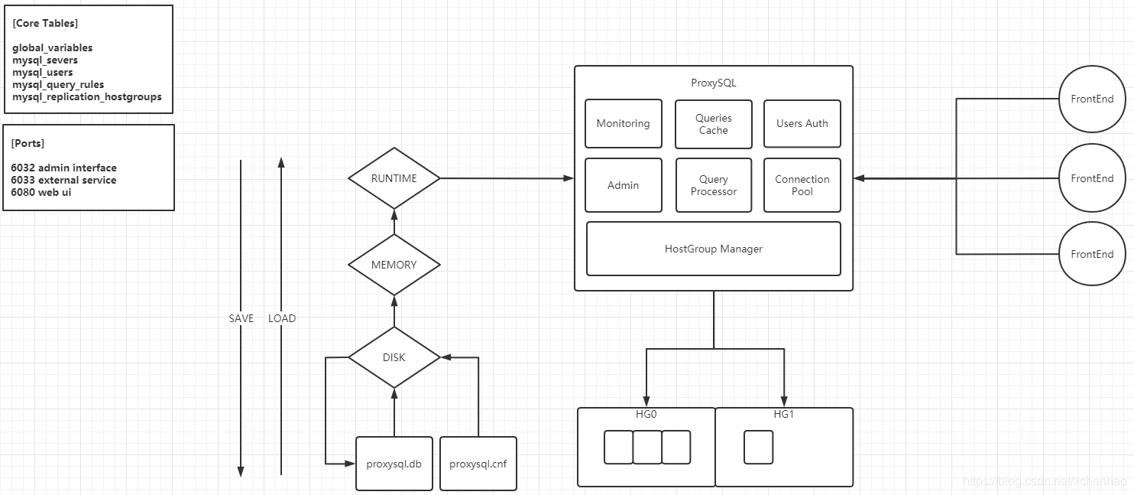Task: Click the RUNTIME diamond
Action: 394,178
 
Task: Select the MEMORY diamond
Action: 394,265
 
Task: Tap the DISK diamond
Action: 394,357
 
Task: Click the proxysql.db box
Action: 394,464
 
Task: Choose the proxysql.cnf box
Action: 478,464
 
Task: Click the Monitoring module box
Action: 624,123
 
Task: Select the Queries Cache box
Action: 714,124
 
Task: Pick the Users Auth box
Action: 802,123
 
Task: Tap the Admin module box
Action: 624,185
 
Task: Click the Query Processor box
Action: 714,185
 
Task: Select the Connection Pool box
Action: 802,185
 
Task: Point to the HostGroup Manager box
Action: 714,249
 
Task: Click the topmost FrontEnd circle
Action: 1092,99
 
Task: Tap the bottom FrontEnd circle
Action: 1092,254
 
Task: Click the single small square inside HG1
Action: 759,447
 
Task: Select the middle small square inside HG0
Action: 647,447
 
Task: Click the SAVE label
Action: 241,318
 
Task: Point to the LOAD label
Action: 282,318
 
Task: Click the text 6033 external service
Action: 63,180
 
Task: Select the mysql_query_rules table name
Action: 58,85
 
